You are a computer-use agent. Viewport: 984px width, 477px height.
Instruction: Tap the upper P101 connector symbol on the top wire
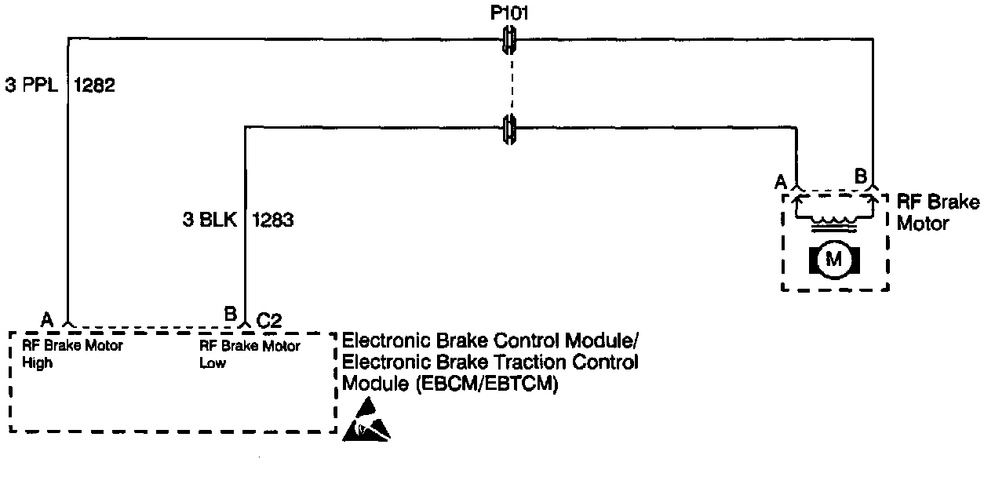click(510, 38)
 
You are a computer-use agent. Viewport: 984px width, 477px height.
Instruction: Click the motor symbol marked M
click(834, 259)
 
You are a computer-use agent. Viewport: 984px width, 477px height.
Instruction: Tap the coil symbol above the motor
click(833, 222)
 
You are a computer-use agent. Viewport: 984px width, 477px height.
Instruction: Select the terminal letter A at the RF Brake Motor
click(781, 182)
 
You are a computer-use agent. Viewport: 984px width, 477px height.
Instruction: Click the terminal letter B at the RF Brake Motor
click(860, 177)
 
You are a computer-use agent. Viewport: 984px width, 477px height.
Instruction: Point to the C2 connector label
click(269, 319)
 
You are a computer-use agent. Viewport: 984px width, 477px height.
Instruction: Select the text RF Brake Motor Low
click(250, 354)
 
